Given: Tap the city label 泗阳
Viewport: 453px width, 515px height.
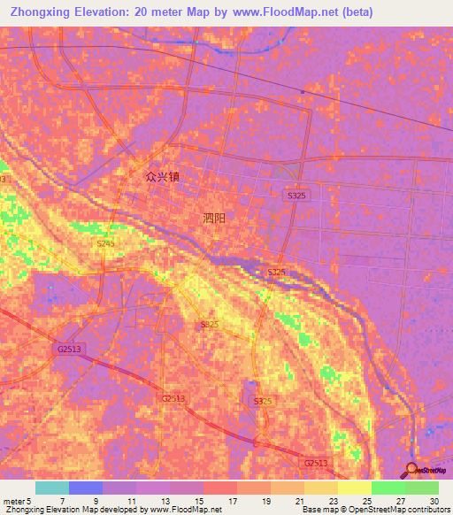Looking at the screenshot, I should coord(215,218).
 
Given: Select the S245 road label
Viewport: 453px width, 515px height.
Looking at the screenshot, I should coord(106,243).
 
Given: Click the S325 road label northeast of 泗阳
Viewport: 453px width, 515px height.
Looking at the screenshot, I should coord(296,195).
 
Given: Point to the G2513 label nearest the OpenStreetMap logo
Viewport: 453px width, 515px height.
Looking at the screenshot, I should coord(316,463).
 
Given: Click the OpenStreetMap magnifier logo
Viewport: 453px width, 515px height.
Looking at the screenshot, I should coord(411,469).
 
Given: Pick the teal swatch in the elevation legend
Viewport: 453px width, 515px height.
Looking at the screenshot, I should coord(52,488).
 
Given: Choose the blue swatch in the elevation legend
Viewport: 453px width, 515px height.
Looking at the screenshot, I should coord(86,488).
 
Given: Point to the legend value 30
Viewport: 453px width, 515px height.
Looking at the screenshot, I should coord(434,501).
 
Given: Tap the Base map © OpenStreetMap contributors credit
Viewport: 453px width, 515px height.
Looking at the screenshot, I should coord(376,510).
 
